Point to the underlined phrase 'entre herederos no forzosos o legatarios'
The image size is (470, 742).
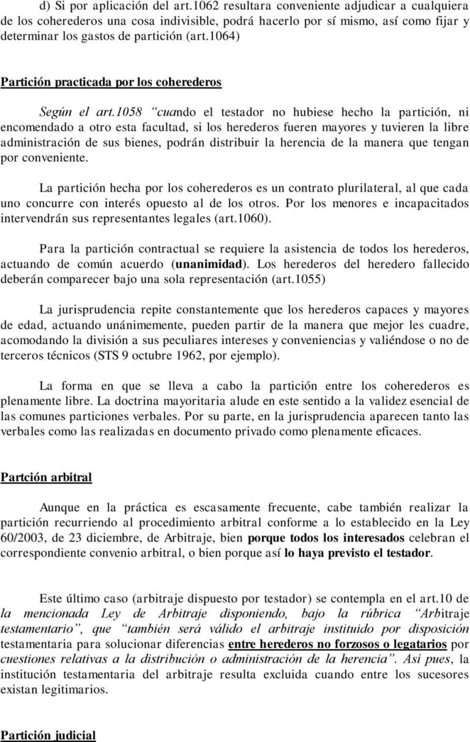point(337,644)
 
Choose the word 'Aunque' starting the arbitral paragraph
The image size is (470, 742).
point(59,507)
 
